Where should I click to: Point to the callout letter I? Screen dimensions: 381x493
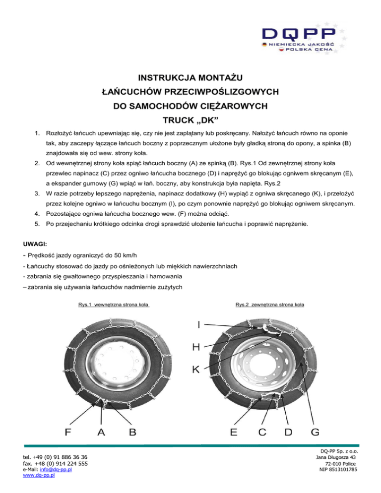(x=199, y=325)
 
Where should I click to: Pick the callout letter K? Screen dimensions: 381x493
(x=197, y=370)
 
